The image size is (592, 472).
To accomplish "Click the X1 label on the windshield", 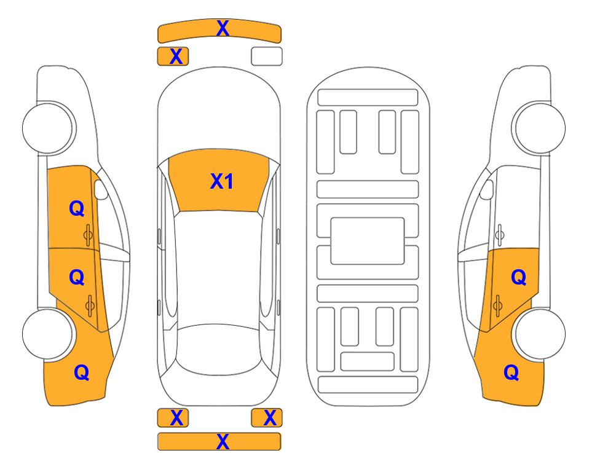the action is coord(222,181).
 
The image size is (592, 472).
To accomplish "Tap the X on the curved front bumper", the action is coord(223,28).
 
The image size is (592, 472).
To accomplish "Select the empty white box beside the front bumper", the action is coord(267,57).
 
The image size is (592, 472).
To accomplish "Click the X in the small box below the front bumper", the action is coord(176,57).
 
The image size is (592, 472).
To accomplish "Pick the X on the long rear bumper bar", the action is coord(223,442).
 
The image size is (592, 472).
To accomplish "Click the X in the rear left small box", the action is coord(176,418).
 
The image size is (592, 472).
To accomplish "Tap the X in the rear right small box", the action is coord(270,418).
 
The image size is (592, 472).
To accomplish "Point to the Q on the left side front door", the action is coord(77,208).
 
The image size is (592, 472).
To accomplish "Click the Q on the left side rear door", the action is coord(77,278).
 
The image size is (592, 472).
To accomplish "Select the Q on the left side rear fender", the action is coord(82,372).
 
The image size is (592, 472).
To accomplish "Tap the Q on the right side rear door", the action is coord(518,278).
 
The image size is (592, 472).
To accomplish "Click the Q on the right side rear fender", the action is coord(511,372).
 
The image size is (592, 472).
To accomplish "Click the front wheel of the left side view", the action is coord(49,128).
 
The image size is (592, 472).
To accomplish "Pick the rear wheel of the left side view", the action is coord(48,334).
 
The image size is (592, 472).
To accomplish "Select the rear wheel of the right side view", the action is coord(540,334).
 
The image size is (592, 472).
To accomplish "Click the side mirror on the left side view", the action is coord(100,189).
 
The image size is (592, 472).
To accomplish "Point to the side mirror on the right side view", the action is coord(487,189).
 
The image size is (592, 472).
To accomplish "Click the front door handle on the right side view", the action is coord(499,235).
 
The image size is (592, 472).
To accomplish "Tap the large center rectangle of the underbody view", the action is coord(368,241).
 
